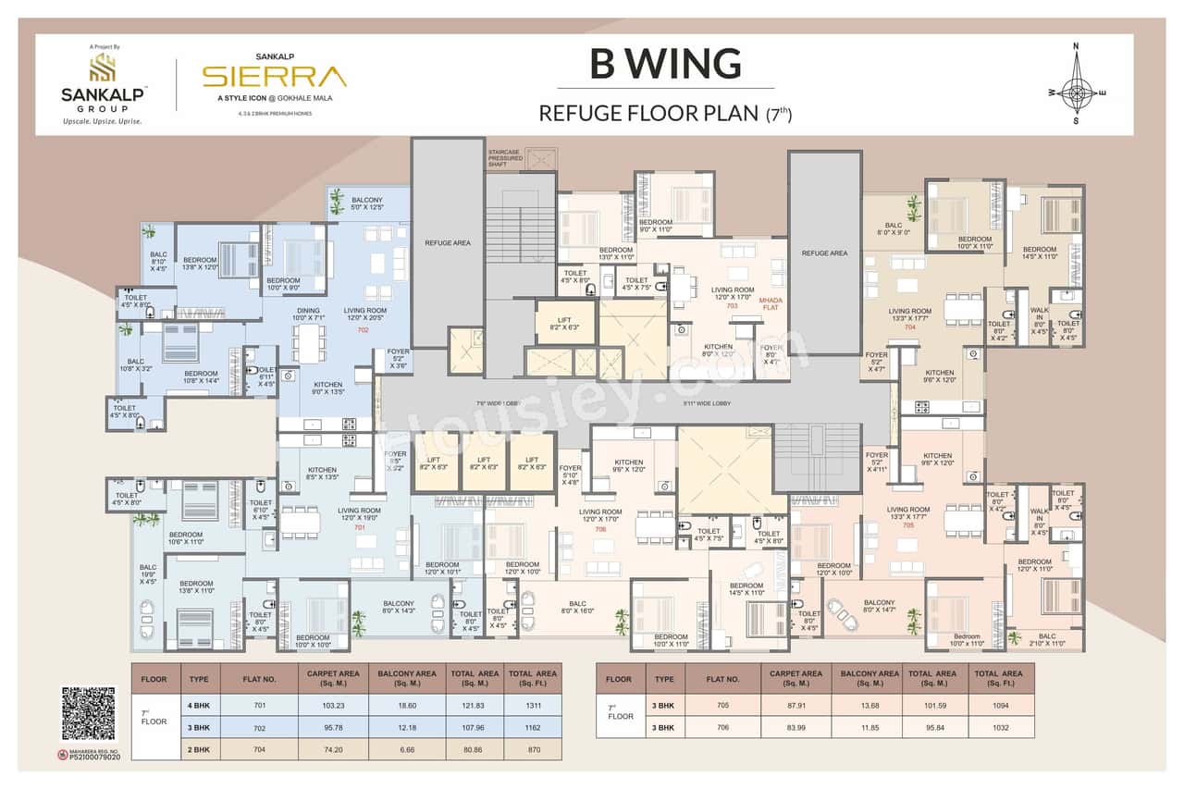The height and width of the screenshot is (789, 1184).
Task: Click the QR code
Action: [x=89, y=714]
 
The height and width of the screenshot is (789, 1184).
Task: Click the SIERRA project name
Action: [x=274, y=76]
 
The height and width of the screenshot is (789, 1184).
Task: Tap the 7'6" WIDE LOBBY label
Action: [x=499, y=404]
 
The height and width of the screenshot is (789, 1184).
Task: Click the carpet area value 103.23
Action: [x=332, y=706]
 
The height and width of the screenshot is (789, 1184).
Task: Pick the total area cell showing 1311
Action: [x=532, y=706]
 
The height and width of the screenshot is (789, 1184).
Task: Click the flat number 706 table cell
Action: [x=722, y=728]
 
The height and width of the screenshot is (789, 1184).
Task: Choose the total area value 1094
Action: [x=998, y=706]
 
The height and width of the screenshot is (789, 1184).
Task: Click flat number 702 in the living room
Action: [x=363, y=329]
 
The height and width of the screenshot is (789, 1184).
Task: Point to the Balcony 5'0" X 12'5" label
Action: [x=366, y=203]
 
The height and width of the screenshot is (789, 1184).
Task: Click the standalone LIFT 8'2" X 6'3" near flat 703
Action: [x=563, y=322]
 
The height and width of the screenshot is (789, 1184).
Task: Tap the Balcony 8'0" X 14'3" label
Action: [x=401, y=607]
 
